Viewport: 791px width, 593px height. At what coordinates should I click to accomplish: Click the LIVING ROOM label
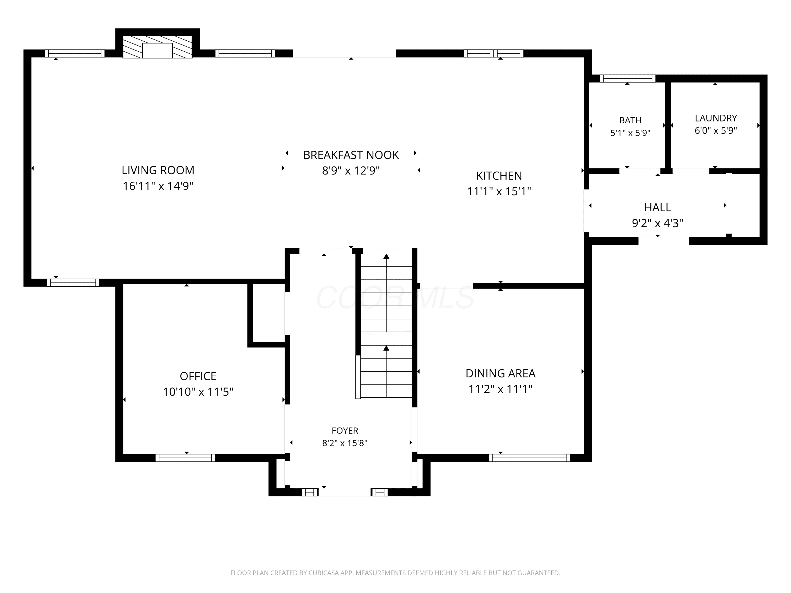tap(158, 170)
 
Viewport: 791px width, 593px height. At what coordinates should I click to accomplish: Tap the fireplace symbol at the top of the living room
tap(157, 47)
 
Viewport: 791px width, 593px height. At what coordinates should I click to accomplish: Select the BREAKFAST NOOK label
tap(351, 155)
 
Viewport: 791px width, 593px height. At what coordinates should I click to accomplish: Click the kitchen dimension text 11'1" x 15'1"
tap(499, 192)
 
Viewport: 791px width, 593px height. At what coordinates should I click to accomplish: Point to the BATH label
tap(630, 120)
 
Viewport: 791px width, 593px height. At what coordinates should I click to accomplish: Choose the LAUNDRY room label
tap(716, 118)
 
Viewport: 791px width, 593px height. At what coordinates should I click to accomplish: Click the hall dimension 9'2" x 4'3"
tap(657, 223)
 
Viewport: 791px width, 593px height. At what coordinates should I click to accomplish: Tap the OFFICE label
tap(198, 376)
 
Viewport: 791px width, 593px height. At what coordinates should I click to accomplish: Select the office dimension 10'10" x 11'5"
tap(198, 392)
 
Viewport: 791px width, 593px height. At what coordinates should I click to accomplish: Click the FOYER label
tap(345, 430)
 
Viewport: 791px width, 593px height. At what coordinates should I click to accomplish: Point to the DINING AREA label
tap(500, 373)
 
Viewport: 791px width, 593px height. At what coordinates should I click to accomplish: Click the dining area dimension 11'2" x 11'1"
tap(500, 389)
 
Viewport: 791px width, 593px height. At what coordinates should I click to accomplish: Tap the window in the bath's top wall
tap(627, 78)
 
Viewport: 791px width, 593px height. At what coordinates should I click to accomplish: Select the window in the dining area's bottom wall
tap(529, 458)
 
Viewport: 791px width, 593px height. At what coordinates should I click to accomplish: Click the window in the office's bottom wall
tap(185, 458)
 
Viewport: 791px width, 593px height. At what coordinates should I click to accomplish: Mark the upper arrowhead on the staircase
tap(386, 256)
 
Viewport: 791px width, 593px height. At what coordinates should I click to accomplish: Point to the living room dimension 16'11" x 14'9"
tap(158, 186)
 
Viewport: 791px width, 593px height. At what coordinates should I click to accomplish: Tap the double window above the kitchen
tap(494, 53)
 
